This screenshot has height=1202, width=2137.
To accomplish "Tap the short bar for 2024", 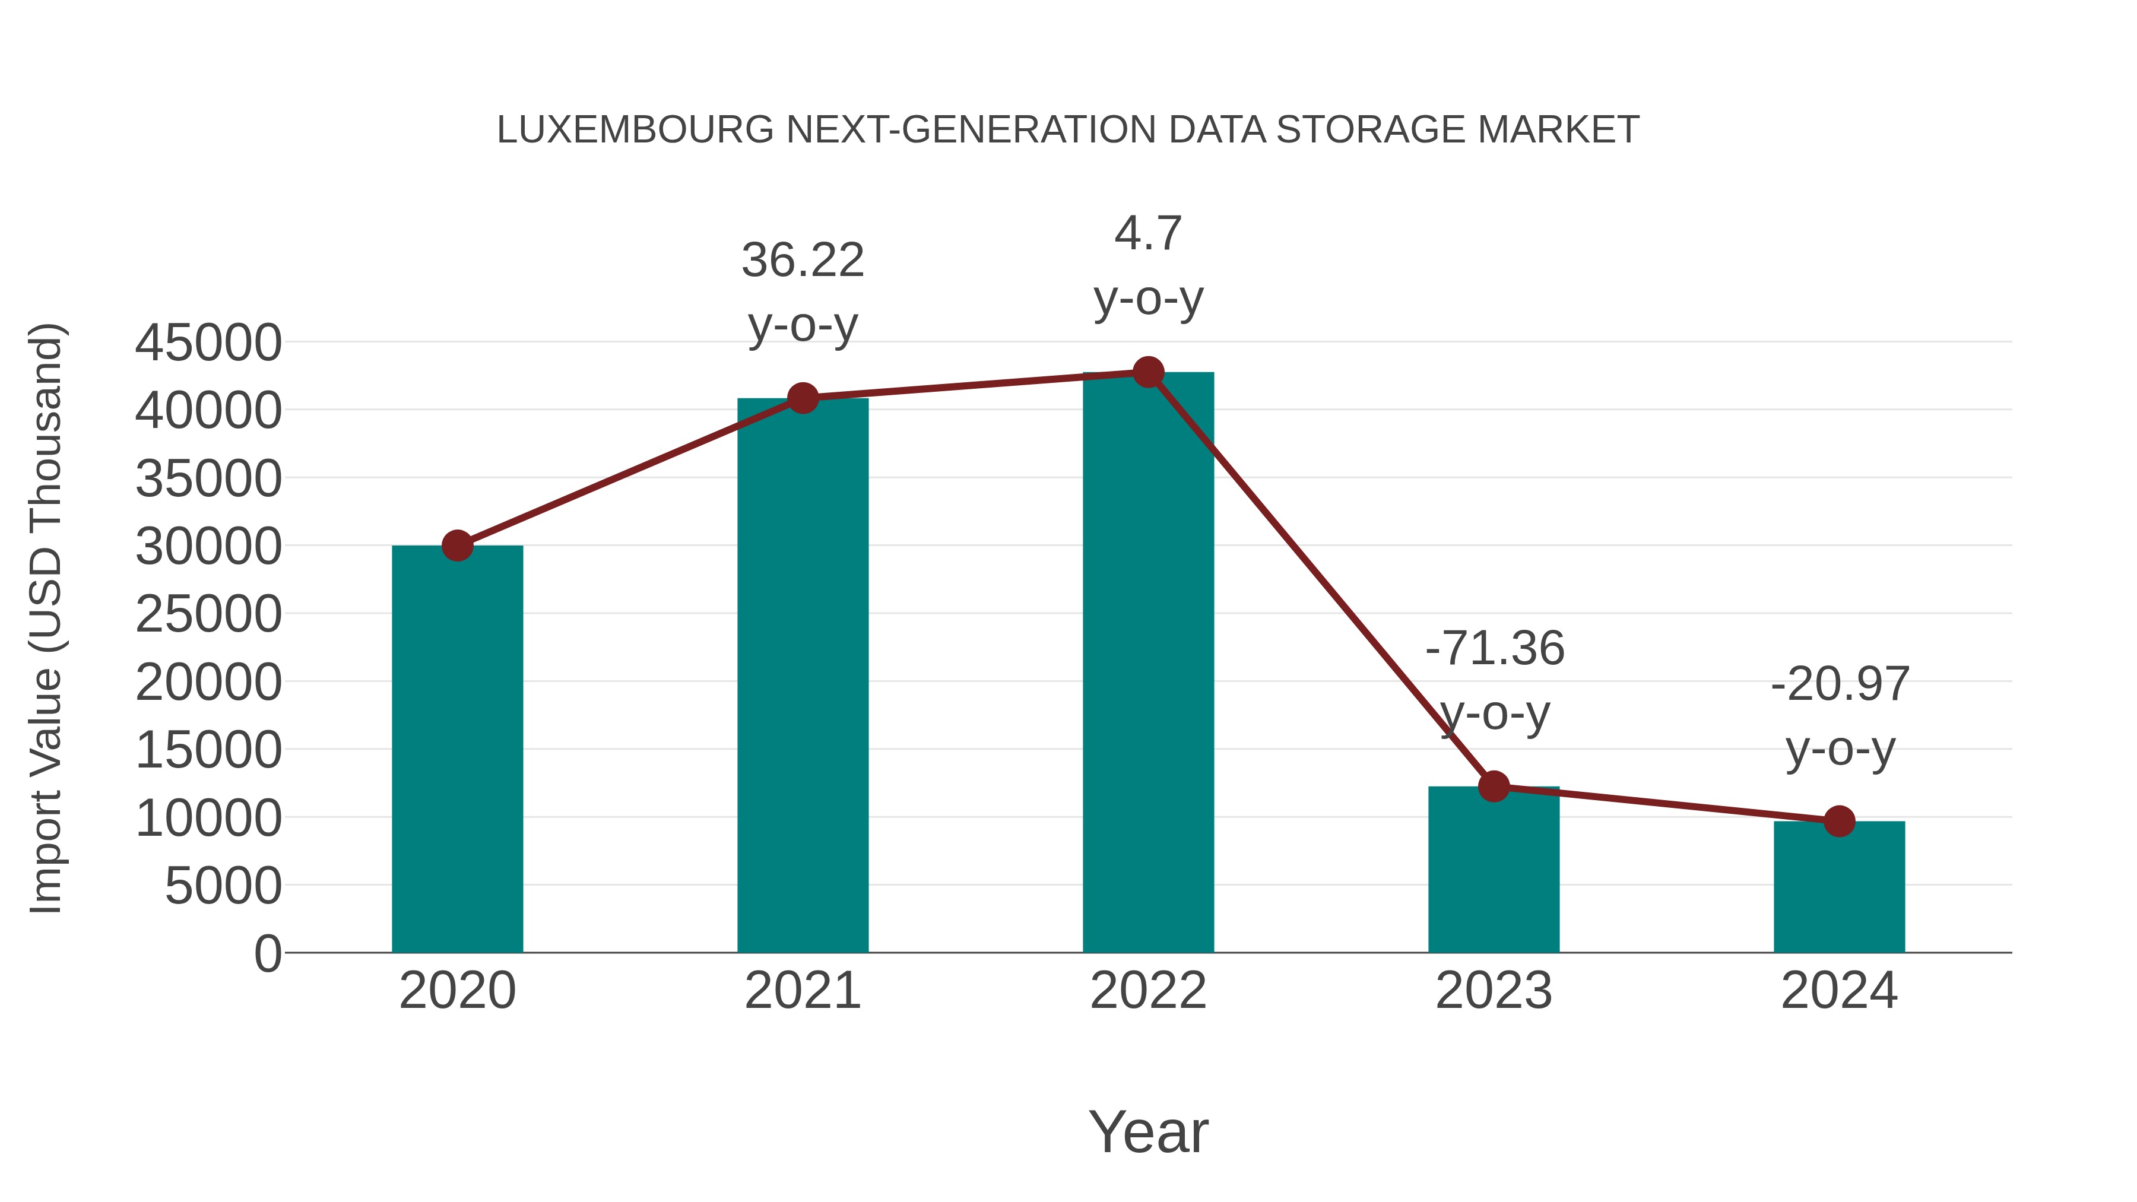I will coord(1839,887).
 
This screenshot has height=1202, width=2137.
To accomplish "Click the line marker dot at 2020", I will coord(457,546).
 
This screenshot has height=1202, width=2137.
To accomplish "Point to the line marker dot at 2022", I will coord(1148,372).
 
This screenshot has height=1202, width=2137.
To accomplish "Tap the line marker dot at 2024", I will coord(1839,822).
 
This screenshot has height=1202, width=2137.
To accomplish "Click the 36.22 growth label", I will coord(802,261).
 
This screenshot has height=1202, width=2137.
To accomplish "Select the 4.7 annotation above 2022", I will coord(1148,234).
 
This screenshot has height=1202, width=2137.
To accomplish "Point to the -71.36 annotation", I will coord(1494,649).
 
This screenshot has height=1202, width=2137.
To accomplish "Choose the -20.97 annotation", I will coord(1839,685).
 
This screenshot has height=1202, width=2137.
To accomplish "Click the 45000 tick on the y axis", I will coord(208,342).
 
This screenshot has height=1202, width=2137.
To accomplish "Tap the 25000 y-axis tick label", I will coord(208,615).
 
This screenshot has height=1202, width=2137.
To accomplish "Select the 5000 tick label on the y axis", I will coord(223,886).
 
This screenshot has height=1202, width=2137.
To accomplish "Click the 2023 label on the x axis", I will coord(1494,991).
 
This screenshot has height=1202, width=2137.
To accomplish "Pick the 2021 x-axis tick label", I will coord(802,991).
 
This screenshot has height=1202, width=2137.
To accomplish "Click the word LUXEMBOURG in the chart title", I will coord(635,130).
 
